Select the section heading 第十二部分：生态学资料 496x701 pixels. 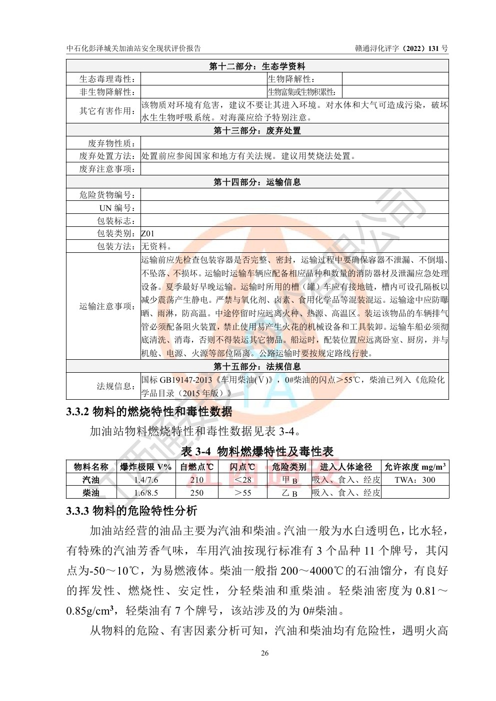click(x=257, y=66)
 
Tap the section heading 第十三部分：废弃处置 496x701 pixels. click(x=257, y=130)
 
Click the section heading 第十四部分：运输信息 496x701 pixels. click(x=257, y=182)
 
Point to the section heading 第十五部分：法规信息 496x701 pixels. click(x=257, y=367)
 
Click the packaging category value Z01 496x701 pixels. click(x=148, y=233)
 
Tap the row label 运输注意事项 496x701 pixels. click(x=107, y=306)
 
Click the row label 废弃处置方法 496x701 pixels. click(x=107, y=156)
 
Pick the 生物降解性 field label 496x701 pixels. click(x=291, y=79)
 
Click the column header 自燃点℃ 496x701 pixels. click(x=197, y=467)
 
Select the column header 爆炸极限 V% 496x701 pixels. click(x=146, y=467)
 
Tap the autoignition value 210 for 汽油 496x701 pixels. click(x=197, y=480)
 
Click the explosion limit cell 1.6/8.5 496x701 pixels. click(x=146, y=493)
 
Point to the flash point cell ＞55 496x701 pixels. click(x=243, y=493)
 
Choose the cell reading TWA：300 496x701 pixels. click(x=414, y=480)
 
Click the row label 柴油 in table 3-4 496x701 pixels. click(x=91, y=493)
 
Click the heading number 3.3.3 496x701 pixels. click(x=77, y=511)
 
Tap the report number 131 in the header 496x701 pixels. click(x=429, y=48)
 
